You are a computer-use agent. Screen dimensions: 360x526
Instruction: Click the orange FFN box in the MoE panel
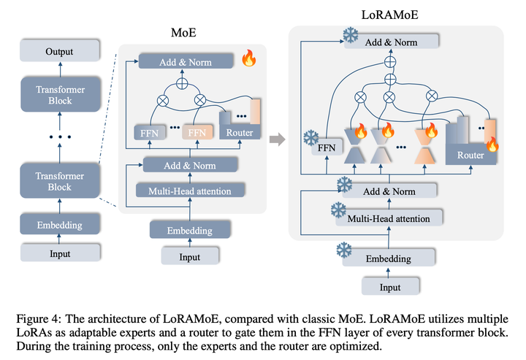point(196,133)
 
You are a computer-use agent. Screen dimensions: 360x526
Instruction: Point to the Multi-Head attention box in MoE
point(194,191)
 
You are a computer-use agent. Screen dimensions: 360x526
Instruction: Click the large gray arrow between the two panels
point(276,137)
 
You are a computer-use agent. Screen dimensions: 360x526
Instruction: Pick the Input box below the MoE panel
point(190,257)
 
